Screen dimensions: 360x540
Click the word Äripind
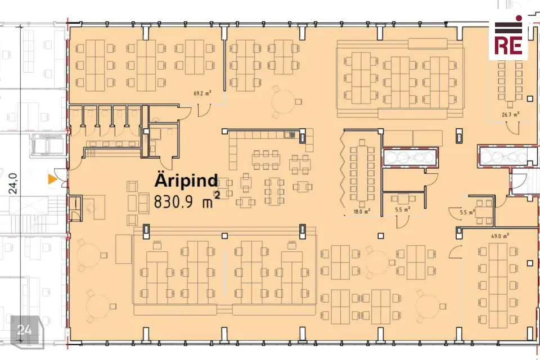tap(186, 181)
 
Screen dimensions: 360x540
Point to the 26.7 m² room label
tap(510, 115)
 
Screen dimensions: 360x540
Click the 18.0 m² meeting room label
tap(361, 211)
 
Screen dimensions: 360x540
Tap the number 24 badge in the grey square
tap(24, 330)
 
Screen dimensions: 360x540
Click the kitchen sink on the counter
tap(292, 134)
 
